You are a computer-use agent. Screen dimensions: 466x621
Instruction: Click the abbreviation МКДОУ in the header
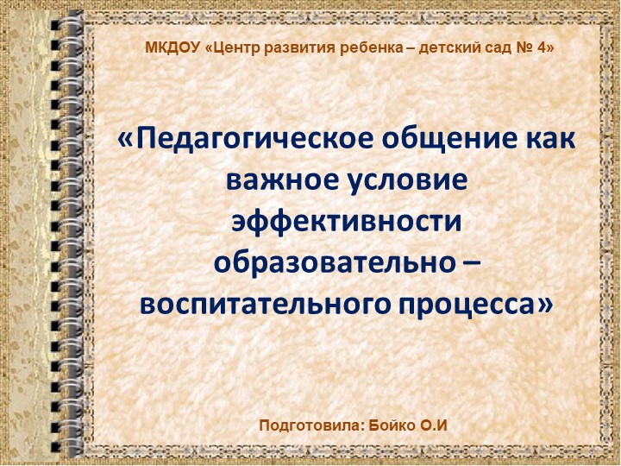tap(172, 48)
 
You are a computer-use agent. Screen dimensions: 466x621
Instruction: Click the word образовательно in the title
tap(329, 262)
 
